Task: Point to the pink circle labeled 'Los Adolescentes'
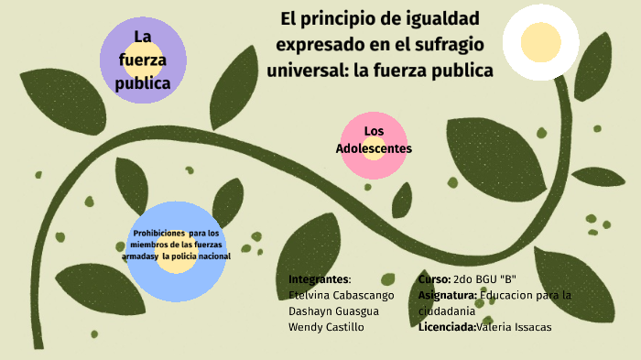[x=374, y=146]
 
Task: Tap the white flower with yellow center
[x=540, y=42]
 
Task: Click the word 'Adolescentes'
[x=374, y=148]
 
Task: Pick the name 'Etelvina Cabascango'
[x=341, y=295]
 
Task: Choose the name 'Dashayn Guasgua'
[x=333, y=311]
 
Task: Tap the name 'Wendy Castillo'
[x=326, y=327]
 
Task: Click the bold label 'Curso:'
[x=434, y=278]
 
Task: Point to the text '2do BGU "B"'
[x=484, y=278]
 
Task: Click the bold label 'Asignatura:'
[x=447, y=295]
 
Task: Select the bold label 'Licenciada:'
[x=447, y=327]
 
